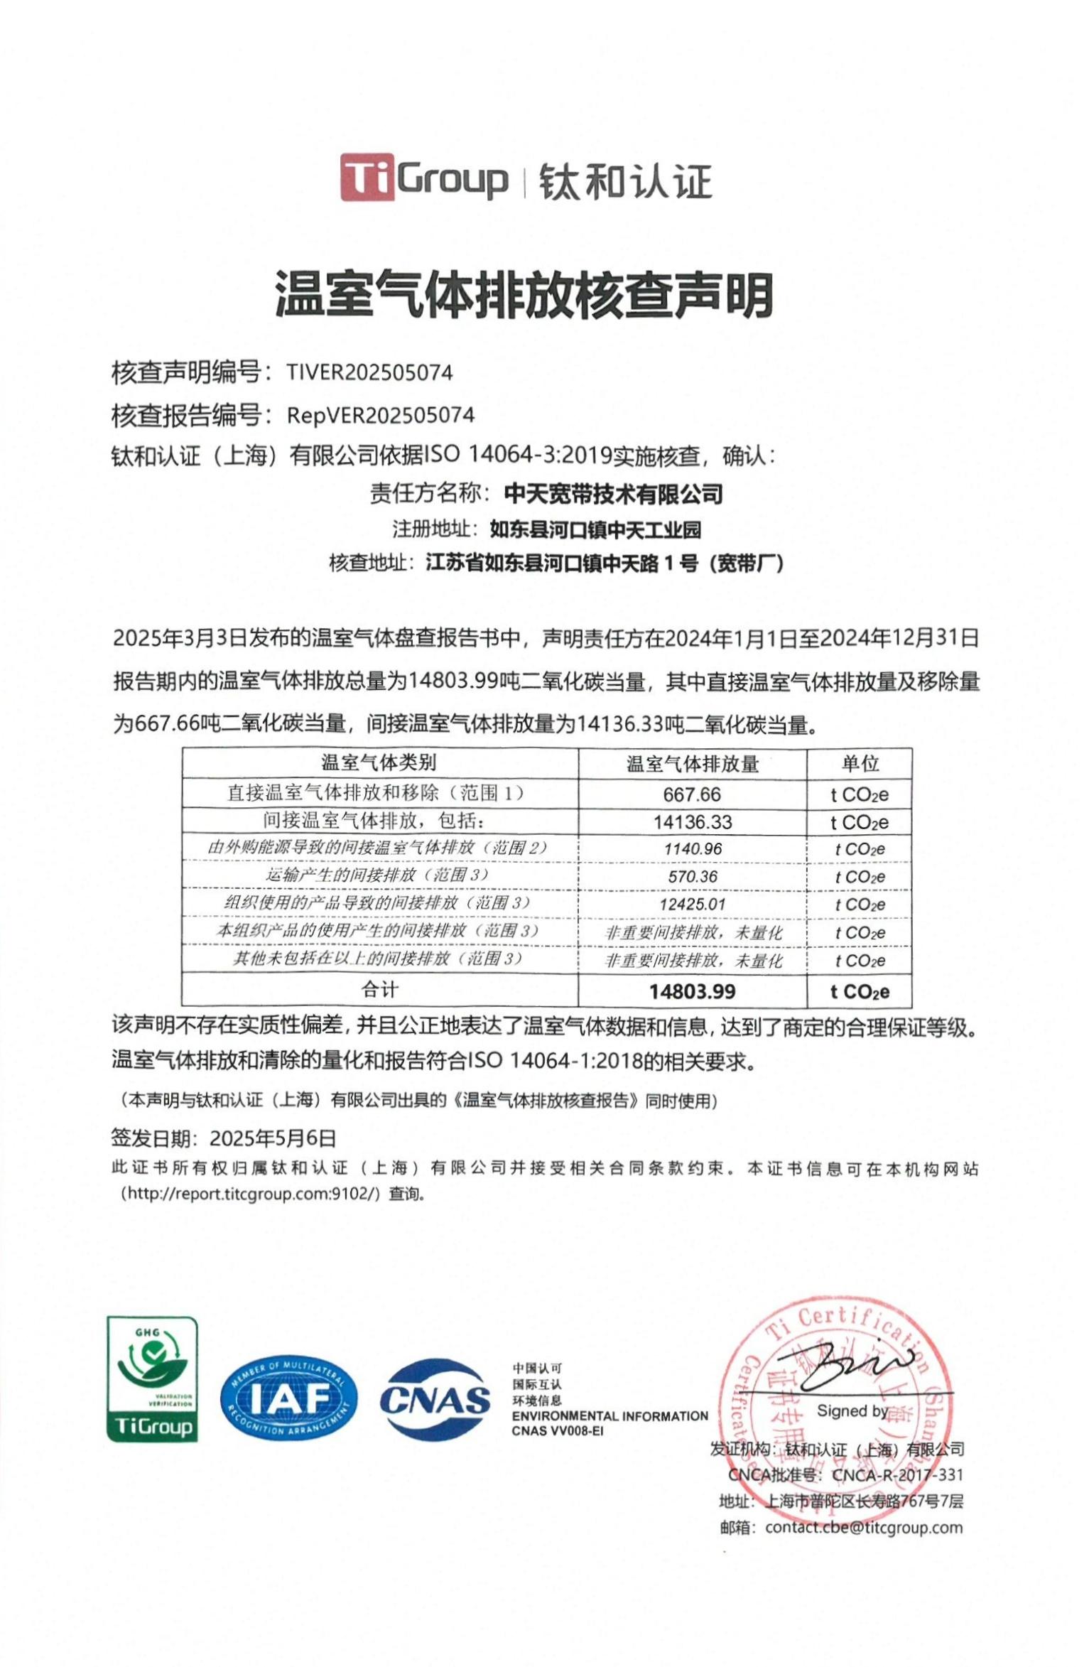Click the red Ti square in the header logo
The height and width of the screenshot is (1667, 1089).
click(x=367, y=177)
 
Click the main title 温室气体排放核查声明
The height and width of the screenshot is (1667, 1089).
click(x=524, y=295)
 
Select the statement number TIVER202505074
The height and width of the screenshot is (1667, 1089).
click(x=369, y=372)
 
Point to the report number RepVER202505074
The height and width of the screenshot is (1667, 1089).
click(x=381, y=415)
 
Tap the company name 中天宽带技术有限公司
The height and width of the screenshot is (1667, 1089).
click(x=613, y=493)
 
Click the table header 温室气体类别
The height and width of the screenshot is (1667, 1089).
click(x=379, y=763)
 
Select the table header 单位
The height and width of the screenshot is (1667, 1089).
click(x=860, y=764)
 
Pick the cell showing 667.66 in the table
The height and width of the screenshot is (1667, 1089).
click(x=692, y=794)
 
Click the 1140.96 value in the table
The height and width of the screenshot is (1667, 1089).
click(x=692, y=849)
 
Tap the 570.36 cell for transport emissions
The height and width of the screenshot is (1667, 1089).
click(x=692, y=877)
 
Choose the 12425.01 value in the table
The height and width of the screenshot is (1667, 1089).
click(x=692, y=905)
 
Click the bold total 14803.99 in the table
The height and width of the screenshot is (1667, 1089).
click(x=692, y=992)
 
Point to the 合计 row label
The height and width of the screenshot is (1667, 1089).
click(x=379, y=990)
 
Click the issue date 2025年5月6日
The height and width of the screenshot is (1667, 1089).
click(x=273, y=1138)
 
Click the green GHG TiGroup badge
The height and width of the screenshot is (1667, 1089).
click(x=152, y=1380)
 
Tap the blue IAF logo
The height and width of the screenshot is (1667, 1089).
click(x=288, y=1399)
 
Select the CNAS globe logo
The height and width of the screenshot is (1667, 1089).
click(x=435, y=1399)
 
